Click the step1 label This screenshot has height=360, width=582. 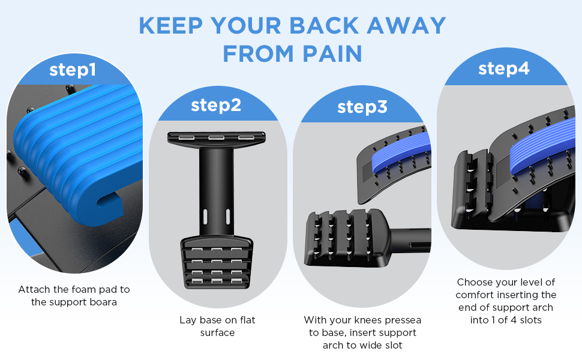tap(73, 70)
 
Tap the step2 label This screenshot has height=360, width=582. tap(216, 105)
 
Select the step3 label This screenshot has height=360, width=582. tap(362, 107)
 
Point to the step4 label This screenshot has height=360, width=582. tap(503, 68)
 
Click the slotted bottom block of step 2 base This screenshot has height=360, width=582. tap(217, 261)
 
